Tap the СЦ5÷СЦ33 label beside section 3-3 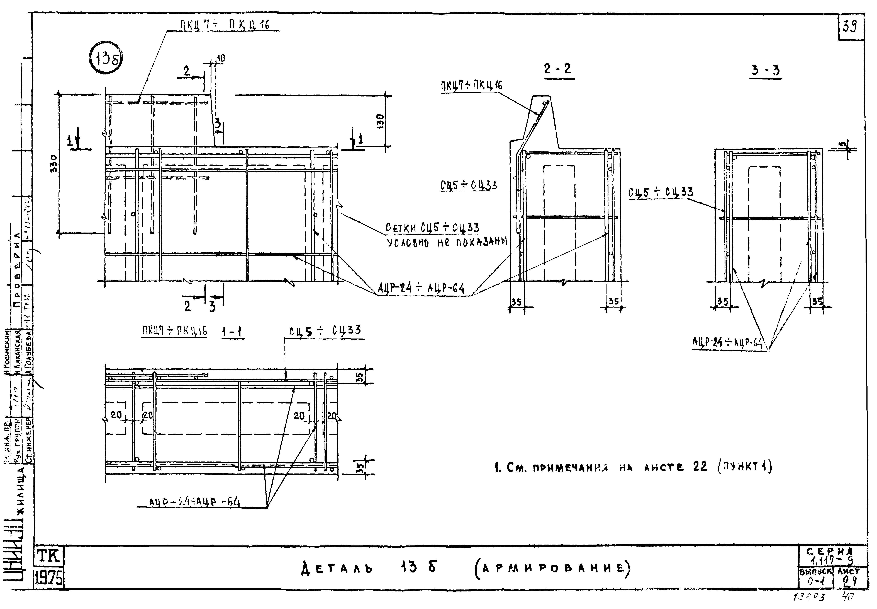click(661, 192)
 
